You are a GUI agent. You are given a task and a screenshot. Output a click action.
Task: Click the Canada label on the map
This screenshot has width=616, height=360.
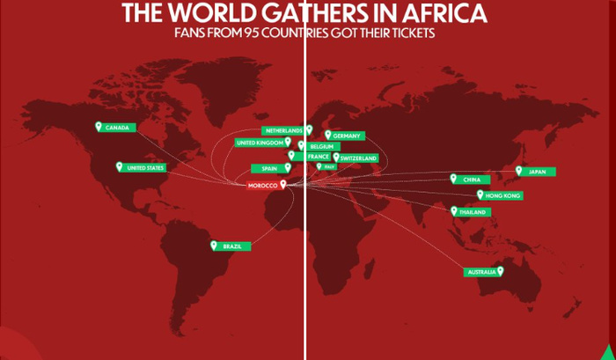coord(119,128)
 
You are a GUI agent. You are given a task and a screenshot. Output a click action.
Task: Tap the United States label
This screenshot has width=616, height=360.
coord(145,167)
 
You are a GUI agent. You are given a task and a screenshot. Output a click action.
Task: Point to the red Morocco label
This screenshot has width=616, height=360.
coord(262,186)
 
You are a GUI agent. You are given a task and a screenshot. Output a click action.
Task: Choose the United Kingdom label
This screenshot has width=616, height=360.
coord(260,143)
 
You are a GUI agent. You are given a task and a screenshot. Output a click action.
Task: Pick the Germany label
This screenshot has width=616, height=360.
coord(348,136)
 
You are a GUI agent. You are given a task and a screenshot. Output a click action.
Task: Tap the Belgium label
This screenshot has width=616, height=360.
coord(321,146)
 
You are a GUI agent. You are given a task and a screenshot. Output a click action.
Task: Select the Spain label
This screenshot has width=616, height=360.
coord(269,168)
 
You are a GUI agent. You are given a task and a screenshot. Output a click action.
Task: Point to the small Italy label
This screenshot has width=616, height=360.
coord(329,166)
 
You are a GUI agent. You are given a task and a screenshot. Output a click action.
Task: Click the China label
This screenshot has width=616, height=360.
coord(472,180)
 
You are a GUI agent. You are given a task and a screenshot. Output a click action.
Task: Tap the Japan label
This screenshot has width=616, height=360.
coord(538,172)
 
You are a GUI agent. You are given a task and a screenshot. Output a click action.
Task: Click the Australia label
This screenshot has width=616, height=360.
coord(480,273)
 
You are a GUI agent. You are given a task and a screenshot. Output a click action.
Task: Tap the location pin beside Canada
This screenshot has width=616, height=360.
coord(99,127)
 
